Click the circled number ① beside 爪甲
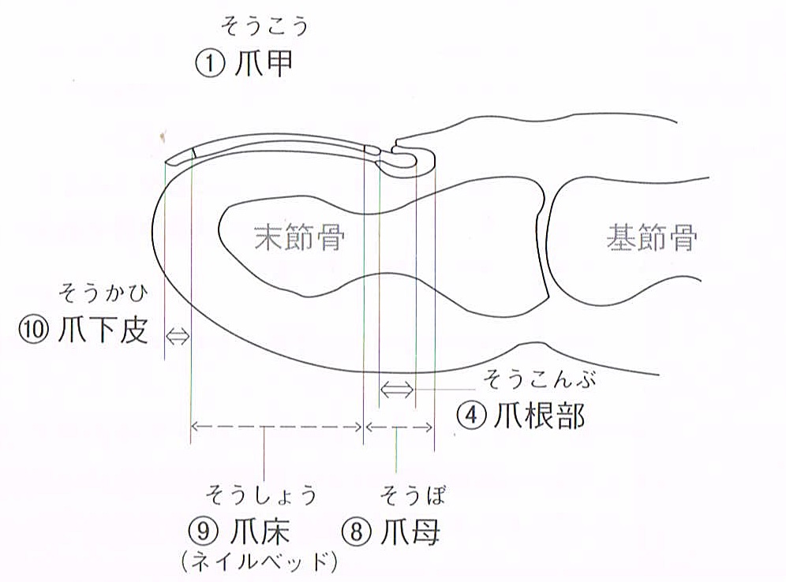[x=210, y=65]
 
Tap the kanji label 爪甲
[x=264, y=65]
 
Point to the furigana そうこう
[x=264, y=27]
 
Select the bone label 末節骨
[x=299, y=237]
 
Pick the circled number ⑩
[x=34, y=330]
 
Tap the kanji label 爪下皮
[x=103, y=330]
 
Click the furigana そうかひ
[x=103, y=293]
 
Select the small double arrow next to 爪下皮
[x=178, y=336]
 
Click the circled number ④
[x=471, y=416]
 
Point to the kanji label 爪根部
[x=539, y=416]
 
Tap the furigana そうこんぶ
[x=539, y=379]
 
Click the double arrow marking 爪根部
[x=398, y=389]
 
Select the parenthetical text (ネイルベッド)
[x=259, y=562]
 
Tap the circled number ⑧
[x=357, y=531]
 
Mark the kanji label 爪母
[x=410, y=531]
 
